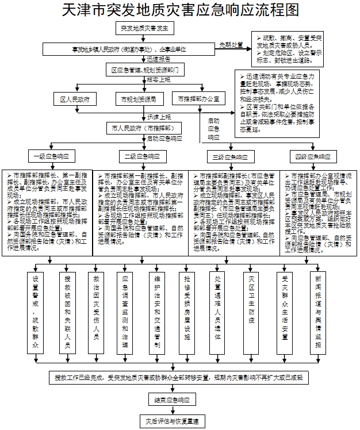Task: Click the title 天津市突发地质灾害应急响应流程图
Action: [180, 10]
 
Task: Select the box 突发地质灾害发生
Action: [145, 28]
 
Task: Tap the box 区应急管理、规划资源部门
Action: [145, 70]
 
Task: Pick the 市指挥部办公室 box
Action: [198, 99]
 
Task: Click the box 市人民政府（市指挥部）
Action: [145, 128]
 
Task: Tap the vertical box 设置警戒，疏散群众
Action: [36, 313]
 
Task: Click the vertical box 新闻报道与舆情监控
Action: [319, 313]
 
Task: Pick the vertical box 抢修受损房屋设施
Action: [188, 313]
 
